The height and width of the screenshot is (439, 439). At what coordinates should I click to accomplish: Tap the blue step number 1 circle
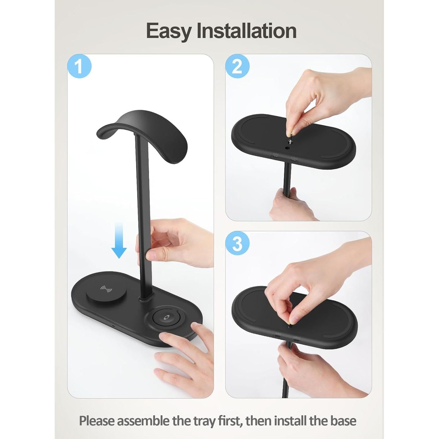79,66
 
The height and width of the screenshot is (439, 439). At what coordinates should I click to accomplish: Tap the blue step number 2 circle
237,66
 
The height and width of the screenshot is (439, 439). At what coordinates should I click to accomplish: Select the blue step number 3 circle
237,243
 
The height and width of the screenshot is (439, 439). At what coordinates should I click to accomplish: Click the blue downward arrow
119,240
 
